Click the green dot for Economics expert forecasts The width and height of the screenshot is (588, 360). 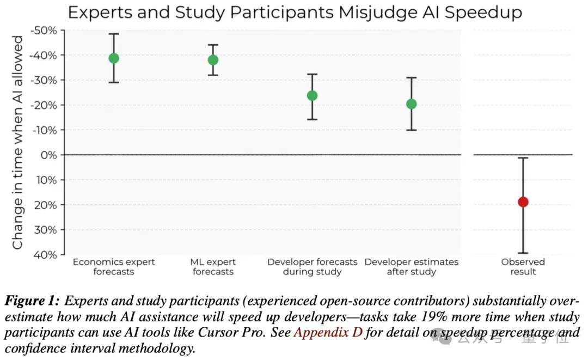(x=114, y=58)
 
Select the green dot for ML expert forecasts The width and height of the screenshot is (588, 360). (x=213, y=60)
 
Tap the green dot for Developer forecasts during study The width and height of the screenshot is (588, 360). (x=312, y=96)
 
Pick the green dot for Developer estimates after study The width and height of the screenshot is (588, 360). (x=412, y=104)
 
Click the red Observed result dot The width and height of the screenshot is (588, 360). (x=523, y=202)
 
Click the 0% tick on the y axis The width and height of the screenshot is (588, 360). (x=48, y=155)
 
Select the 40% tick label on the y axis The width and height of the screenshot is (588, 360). (x=46, y=254)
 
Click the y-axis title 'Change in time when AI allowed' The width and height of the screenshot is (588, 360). (x=18, y=143)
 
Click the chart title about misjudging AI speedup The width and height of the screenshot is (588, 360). (x=295, y=12)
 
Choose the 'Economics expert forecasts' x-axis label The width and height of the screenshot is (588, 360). (x=114, y=267)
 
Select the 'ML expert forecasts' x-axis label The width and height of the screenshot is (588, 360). (x=213, y=267)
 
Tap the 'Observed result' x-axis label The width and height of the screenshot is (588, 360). (x=523, y=267)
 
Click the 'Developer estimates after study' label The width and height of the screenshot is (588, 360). (x=412, y=267)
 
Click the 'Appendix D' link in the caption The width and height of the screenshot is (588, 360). (x=328, y=333)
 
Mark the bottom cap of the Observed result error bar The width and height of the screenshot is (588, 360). (x=523, y=253)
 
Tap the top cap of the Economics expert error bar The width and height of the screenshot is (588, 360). (x=114, y=34)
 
